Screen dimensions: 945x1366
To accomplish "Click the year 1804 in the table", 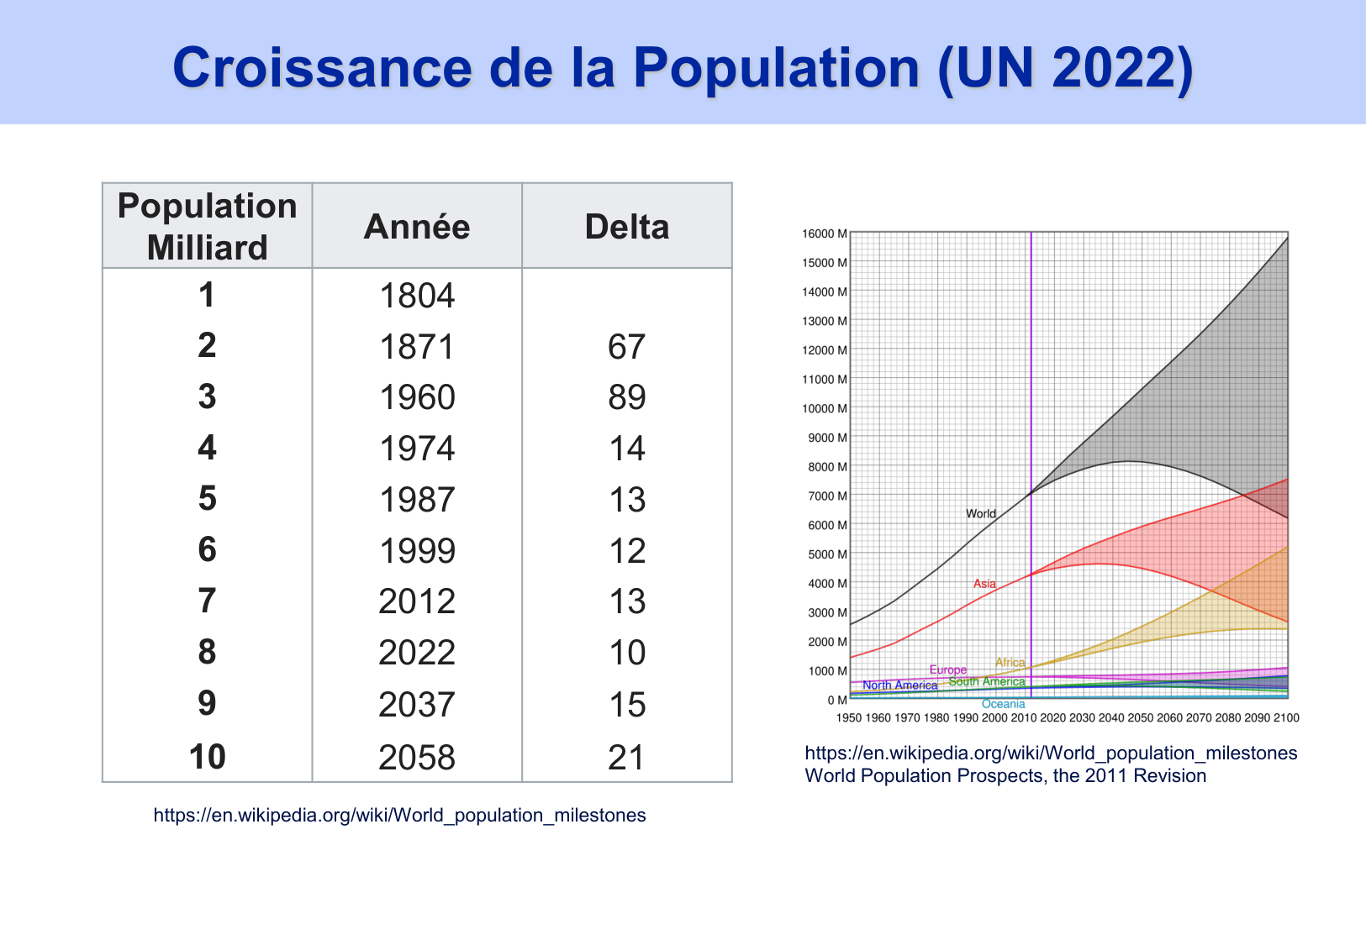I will (417, 296).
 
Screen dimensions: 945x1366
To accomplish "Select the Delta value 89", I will (626, 397).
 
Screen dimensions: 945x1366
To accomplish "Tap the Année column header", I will (417, 227).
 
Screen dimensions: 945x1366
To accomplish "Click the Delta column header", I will (626, 227).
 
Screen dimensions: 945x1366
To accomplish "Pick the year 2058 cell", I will (417, 758).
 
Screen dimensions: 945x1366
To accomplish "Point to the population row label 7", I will (207, 601).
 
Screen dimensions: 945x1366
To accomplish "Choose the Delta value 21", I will (626, 758).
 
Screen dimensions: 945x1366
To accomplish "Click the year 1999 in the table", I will (417, 551).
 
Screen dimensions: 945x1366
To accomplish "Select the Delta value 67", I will (626, 347).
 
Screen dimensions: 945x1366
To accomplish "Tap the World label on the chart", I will (980, 514).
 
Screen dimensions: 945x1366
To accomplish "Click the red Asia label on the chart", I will (984, 584).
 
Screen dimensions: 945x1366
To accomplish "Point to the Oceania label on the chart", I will (1003, 704).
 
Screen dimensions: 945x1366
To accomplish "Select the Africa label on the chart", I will (1010, 663).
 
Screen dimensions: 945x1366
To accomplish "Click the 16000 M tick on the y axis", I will (825, 234).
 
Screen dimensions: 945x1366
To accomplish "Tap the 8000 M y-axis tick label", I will (827, 467).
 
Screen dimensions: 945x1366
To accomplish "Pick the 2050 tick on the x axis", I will (1140, 718).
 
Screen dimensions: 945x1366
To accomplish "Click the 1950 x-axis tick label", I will (849, 718).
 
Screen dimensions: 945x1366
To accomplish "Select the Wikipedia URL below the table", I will (399, 815).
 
